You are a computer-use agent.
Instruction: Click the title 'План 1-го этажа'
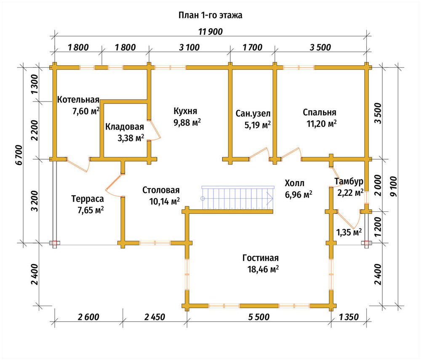[x=210, y=15]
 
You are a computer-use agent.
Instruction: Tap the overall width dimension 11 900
[x=210, y=32]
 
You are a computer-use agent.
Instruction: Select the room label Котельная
[x=78, y=100]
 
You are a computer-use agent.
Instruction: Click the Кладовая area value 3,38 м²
[x=131, y=138]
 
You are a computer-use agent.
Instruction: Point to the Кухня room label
[x=185, y=111]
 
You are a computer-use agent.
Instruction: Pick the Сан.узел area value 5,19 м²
[x=258, y=125]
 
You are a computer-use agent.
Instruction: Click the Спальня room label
[x=320, y=112]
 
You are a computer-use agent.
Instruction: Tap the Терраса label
[x=88, y=199]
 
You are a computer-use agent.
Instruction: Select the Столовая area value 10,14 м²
[x=164, y=201]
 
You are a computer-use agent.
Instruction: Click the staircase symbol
[x=237, y=197]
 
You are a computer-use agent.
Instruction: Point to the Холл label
[x=295, y=183]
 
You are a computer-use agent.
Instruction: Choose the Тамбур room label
[x=349, y=181]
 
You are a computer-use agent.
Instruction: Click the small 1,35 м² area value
[x=349, y=232]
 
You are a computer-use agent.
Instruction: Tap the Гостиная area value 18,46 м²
[x=263, y=269]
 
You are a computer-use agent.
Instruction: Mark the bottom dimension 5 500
[x=258, y=317]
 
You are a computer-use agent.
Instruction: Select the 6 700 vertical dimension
[x=19, y=155]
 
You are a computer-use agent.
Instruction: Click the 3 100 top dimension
[x=189, y=48]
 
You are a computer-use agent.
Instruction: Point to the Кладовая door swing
[x=154, y=130]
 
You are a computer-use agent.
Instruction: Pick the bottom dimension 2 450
[x=155, y=317]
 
